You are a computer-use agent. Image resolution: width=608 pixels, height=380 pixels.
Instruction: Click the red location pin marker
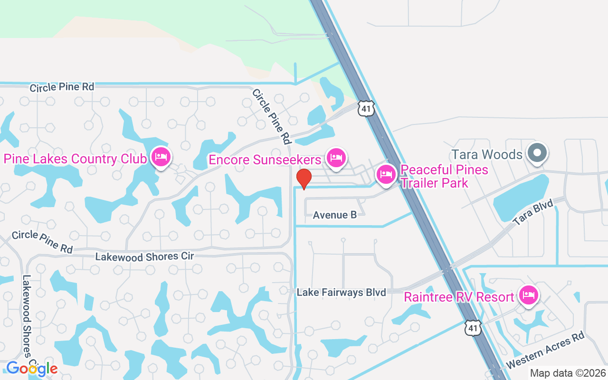[x=304, y=178]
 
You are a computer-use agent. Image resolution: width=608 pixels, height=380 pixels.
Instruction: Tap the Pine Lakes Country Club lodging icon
[x=161, y=157]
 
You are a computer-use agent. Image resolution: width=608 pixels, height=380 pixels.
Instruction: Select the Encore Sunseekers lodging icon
[x=336, y=158]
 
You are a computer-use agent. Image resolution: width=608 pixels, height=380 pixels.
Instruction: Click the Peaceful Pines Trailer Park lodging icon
[x=386, y=174]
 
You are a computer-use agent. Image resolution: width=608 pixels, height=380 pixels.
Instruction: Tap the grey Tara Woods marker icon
[x=537, y=153]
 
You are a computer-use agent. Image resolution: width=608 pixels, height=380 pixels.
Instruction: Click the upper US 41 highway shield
[x=367, y=108]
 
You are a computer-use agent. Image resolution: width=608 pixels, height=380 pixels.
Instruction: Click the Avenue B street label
[x=334, y=215]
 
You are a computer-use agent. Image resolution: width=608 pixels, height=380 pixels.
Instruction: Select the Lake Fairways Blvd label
[x=341, y=292]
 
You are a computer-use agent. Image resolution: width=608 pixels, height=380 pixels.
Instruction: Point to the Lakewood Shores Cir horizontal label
[x=145, y=256]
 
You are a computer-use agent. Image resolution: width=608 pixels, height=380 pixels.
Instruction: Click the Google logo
[x=31, y=368]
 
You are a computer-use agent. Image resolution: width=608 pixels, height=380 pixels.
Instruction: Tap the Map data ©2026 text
[x=568, y=373]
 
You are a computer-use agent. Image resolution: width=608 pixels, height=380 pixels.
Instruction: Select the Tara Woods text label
[x=487, y=154]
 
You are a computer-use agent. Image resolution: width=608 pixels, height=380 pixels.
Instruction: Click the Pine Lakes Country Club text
[x=75, y=159]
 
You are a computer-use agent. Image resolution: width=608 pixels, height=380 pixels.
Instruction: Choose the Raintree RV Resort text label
[x=459, y=297]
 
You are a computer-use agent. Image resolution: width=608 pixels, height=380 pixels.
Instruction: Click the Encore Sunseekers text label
[x=265, y=160]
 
